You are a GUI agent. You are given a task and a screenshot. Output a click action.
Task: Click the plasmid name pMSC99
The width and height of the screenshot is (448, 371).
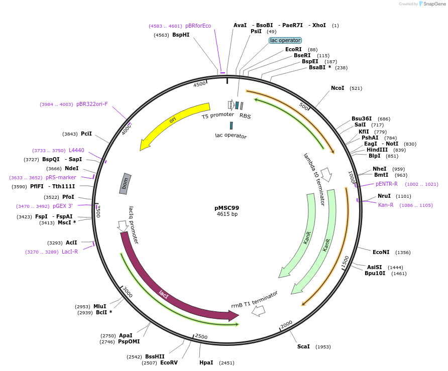227,207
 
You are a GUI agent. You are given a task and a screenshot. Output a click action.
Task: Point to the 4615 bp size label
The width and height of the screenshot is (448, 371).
227,214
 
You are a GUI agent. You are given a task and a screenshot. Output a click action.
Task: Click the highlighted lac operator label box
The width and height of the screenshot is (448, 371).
285,40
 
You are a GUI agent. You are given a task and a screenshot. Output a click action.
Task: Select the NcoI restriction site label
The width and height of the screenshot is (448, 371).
338,88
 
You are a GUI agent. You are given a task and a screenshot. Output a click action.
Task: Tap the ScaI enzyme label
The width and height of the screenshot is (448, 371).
303,346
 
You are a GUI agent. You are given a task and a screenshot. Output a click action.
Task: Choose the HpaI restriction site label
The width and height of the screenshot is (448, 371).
206,362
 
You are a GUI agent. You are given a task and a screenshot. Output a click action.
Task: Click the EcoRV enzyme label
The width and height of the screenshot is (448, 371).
169,362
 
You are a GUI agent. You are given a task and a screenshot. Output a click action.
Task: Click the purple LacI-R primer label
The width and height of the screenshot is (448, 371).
70,252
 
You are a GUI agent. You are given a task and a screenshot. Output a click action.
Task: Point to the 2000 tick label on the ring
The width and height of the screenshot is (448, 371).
286,325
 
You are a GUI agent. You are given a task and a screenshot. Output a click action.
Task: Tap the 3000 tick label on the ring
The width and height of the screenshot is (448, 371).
128,292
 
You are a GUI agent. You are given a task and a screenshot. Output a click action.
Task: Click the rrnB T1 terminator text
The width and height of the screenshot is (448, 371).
255,299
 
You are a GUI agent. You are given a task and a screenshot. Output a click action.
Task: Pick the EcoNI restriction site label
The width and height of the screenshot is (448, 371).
381,252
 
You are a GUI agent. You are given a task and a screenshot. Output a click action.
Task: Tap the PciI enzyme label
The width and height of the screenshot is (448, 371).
86,134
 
